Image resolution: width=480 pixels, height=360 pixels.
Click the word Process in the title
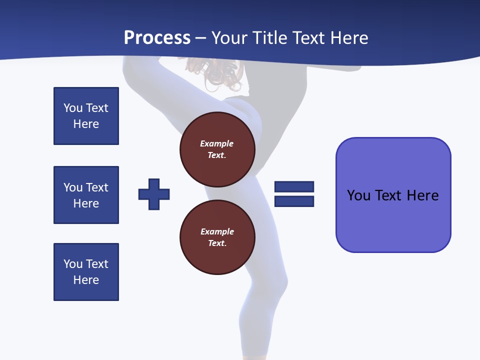157,37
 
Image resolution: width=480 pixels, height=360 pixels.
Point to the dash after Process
200,38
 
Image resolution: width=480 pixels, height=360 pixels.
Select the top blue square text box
86,116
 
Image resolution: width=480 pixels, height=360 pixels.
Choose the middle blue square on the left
86,195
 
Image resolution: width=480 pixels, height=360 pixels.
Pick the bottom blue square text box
86,272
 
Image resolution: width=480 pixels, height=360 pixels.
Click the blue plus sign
154,194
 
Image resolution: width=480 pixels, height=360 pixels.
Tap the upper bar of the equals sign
294,186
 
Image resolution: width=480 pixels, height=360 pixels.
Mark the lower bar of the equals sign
294,201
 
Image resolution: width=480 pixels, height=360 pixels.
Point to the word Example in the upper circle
217,143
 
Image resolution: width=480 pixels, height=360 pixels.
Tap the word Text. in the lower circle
217,243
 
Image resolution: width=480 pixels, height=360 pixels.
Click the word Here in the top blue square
86,124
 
